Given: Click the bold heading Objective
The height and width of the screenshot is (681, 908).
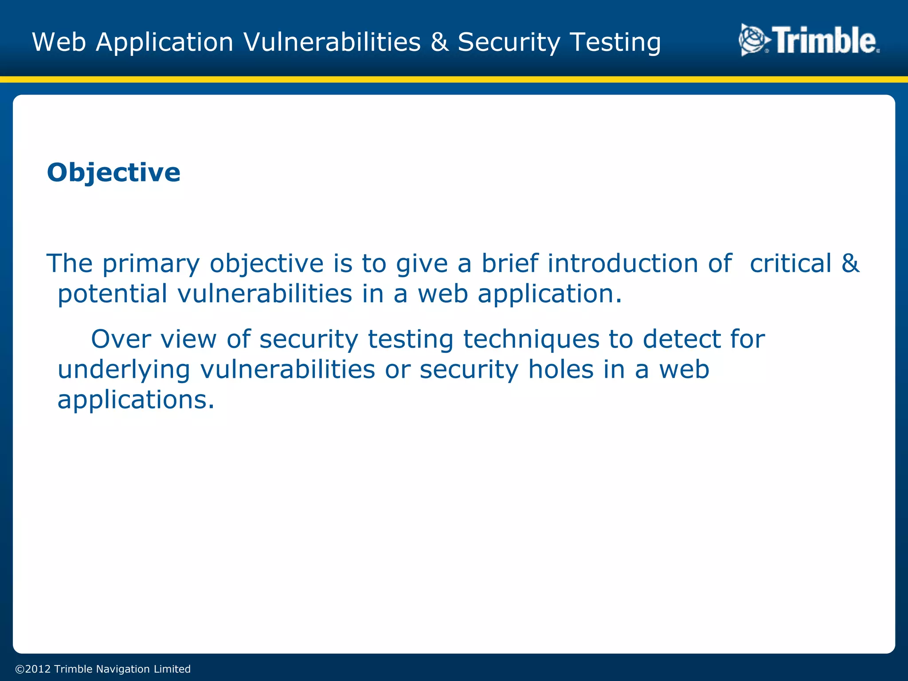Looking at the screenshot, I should [x=113, y=172].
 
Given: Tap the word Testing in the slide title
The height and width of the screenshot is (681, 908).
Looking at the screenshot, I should [x=615, y=43].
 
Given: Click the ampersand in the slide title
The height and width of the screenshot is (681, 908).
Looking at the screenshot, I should [x=439, y=42].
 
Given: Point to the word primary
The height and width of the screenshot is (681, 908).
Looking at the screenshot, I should [x=151, y=264].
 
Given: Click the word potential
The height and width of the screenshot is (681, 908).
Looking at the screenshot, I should [x=113, y=294].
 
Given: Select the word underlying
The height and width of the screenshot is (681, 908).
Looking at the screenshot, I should [x=124, y=370].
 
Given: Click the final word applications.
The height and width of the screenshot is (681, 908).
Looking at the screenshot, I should [x=136, y=400].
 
